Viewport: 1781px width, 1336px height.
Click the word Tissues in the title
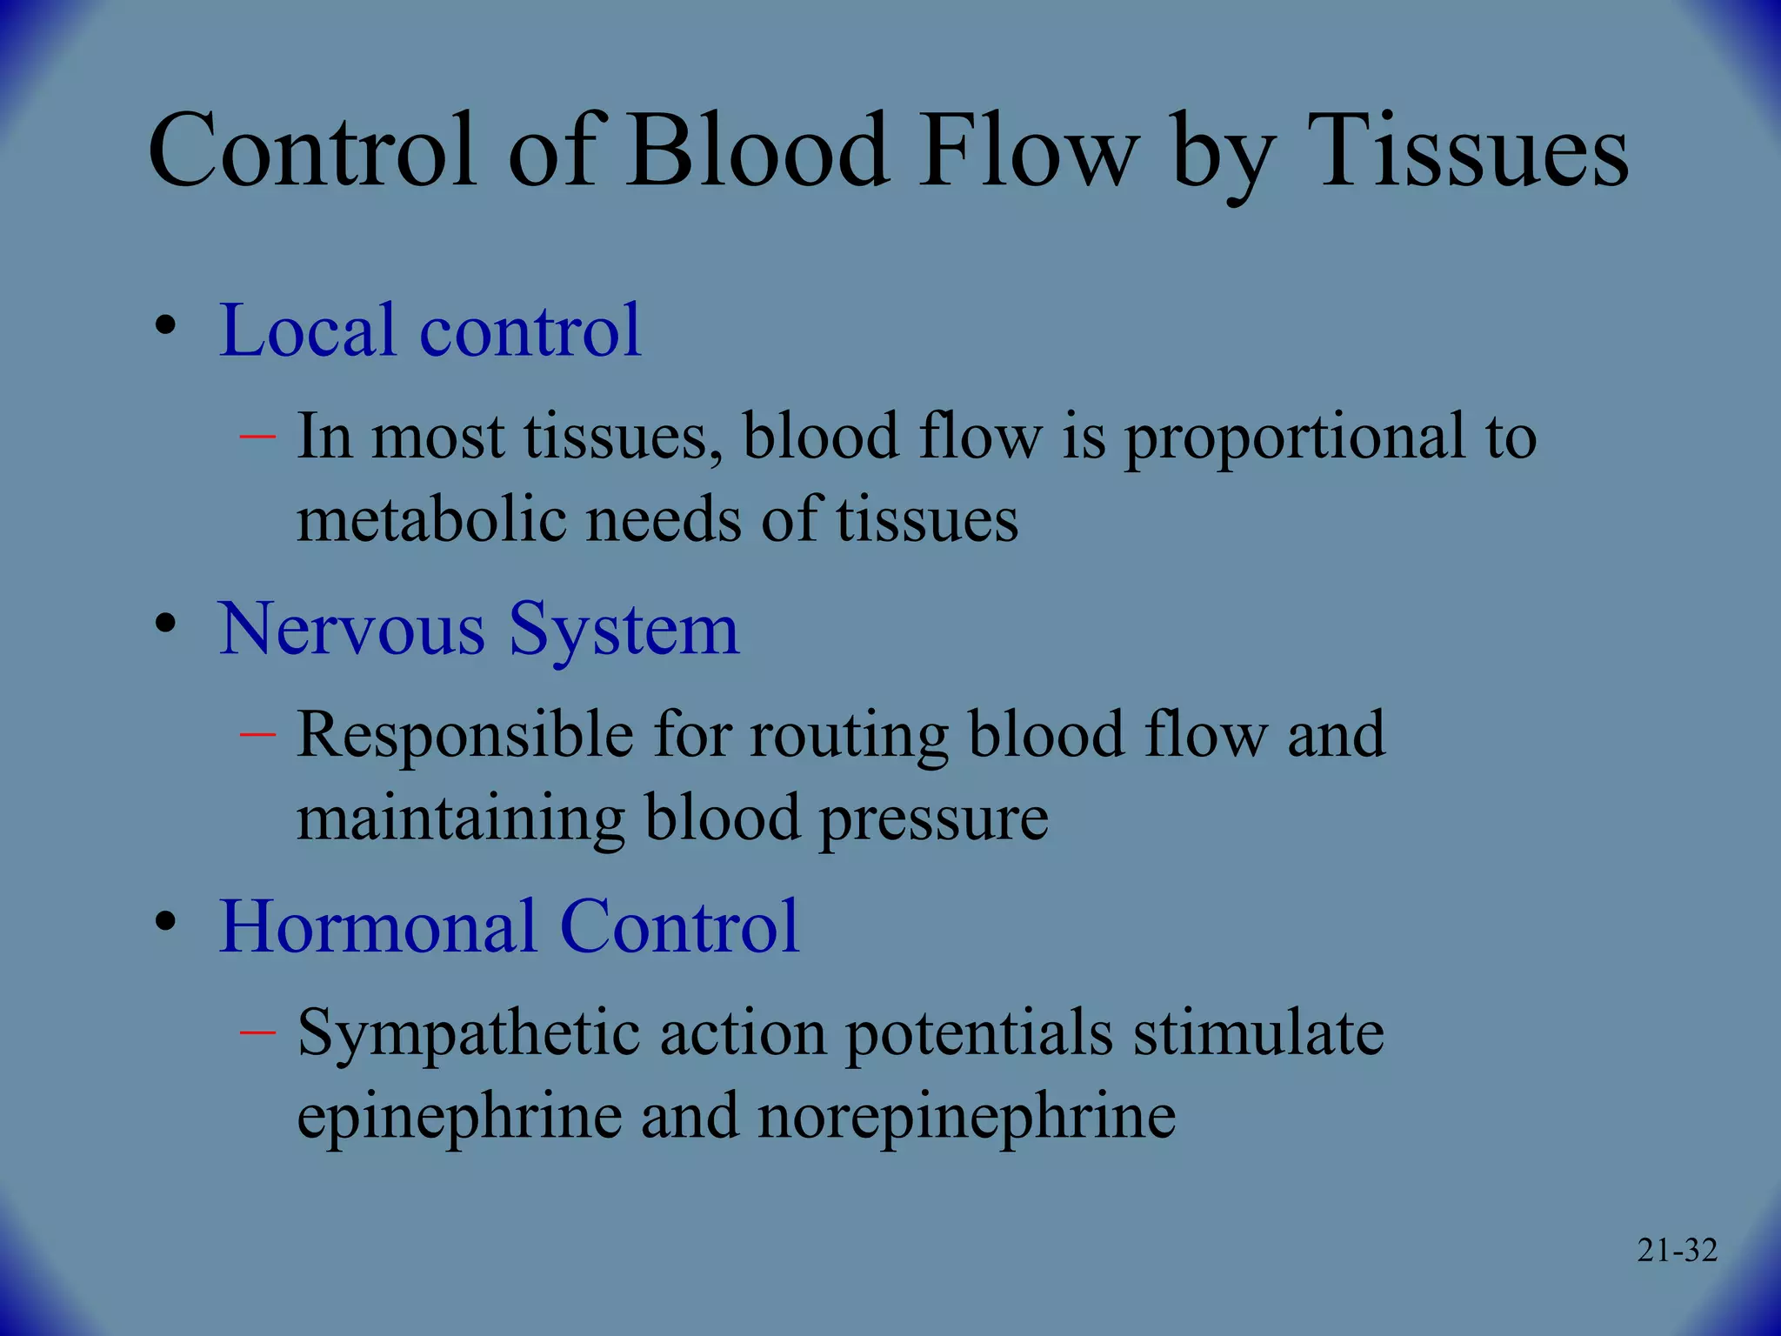point(1471,152)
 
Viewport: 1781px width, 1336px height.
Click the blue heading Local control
point(430,331)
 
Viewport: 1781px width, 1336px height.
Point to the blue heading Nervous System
point(478,629)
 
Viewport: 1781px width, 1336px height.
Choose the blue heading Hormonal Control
point(509,927)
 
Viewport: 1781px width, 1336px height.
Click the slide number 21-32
point(1677,1251)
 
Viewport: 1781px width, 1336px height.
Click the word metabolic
point(431,520)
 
